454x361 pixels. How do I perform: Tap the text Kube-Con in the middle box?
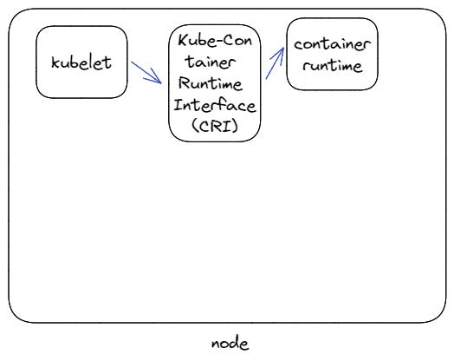pyautogui.click(x=214, y=41)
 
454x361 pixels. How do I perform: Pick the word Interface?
pyautogui.click(x=214, y=105)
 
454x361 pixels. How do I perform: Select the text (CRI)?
pyautogui.click(x=214, y=127)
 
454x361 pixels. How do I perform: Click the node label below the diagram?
pyautogui.click(x=230, y=344)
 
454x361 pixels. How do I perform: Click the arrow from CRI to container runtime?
pyautogui.click(x=274, y=63)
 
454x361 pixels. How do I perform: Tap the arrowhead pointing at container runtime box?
pyautogui.click(x=280, y=50)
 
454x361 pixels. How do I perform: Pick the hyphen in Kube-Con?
pyautogui.click(x=217, y=41)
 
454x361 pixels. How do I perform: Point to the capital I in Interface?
pyautogui.click(x=177, y=105)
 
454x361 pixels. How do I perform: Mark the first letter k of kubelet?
pyautogui.click(x=55, y=63)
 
